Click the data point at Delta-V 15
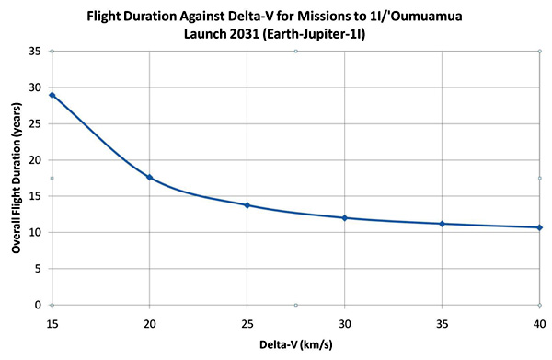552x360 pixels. click(x=52, y=95)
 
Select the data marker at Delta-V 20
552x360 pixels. click(x=150, y=177)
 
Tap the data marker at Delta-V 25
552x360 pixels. click(x=247, y=205)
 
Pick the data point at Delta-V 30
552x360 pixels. click(x=345, y=218)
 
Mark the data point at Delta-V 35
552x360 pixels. click(x=443, y=224)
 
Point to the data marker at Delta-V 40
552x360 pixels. click(x=540, y=227)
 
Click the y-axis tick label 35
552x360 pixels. click(x=35, y=52)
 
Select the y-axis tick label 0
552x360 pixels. click(x=38, y=305)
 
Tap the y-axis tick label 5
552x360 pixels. click(x=39, y=269)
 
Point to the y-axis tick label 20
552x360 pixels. click(x=35, y=160)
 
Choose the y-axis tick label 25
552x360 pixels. click(x=35, y=124)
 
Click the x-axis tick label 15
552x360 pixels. click(x=52, y=324)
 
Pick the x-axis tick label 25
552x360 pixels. click(x=247, y=324)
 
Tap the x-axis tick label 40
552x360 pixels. click(x=539, y=324)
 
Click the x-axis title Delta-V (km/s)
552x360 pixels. click(x=295, y=344)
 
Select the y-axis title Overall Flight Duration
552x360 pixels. click(x=17, y=188)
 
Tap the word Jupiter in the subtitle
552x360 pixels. click(x=318, y=35)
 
